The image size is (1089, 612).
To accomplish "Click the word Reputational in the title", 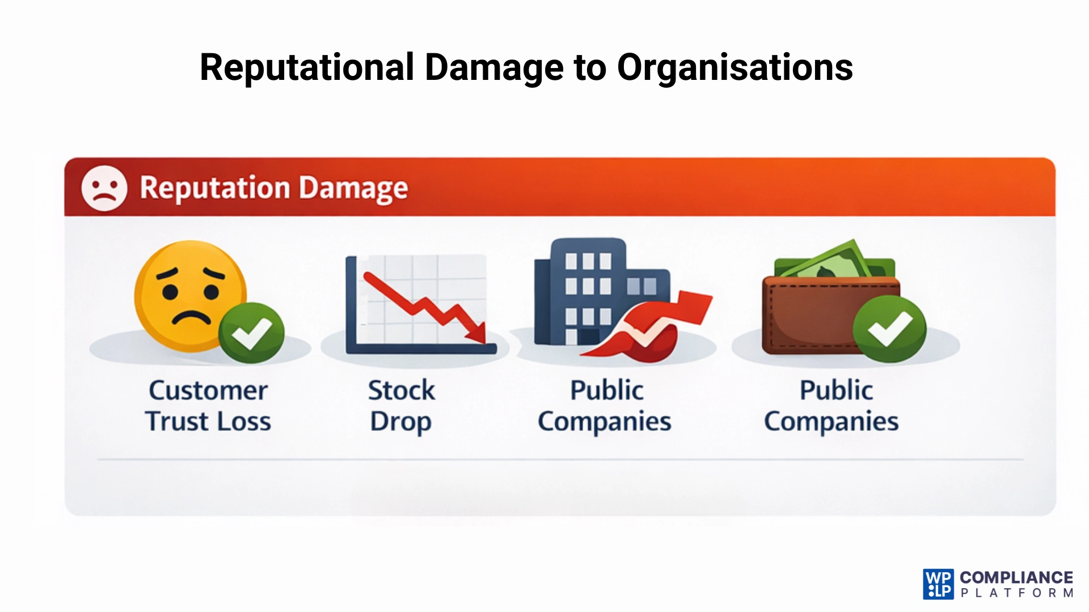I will [307, 68].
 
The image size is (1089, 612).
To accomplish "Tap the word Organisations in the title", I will [735, 68].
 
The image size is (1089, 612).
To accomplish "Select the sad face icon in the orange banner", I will [104, 188].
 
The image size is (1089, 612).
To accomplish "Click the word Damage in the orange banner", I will [353, 188].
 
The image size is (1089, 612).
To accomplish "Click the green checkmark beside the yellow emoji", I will [251, 333].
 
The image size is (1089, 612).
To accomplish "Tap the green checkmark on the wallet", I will [889, 329].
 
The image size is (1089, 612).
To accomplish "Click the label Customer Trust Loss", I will [208, 406].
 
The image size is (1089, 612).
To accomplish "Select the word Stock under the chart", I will [401, 390].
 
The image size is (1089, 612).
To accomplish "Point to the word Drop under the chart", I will [400, 422].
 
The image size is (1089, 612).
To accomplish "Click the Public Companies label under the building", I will [605, 406].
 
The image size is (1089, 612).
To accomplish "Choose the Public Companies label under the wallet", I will [832, 406].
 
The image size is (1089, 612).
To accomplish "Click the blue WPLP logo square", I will [938, 584].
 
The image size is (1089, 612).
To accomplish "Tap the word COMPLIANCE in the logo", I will [1016, 577].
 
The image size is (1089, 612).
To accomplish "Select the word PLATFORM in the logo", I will [1016, 593].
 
